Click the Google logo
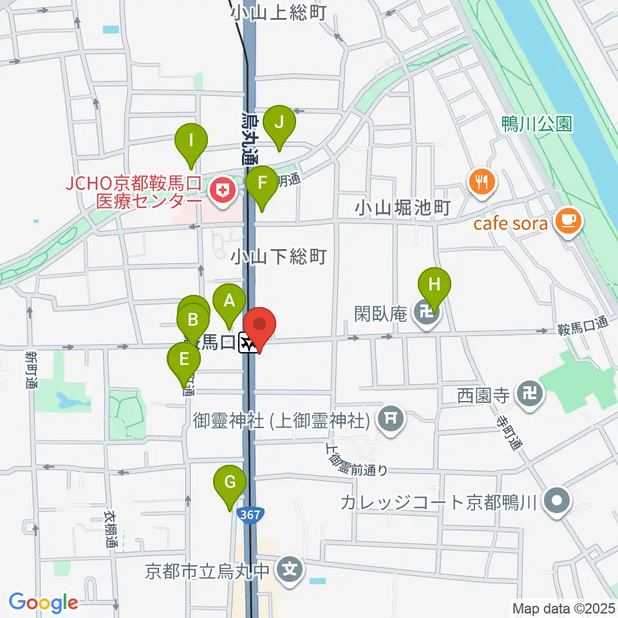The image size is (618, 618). point(44,603)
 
